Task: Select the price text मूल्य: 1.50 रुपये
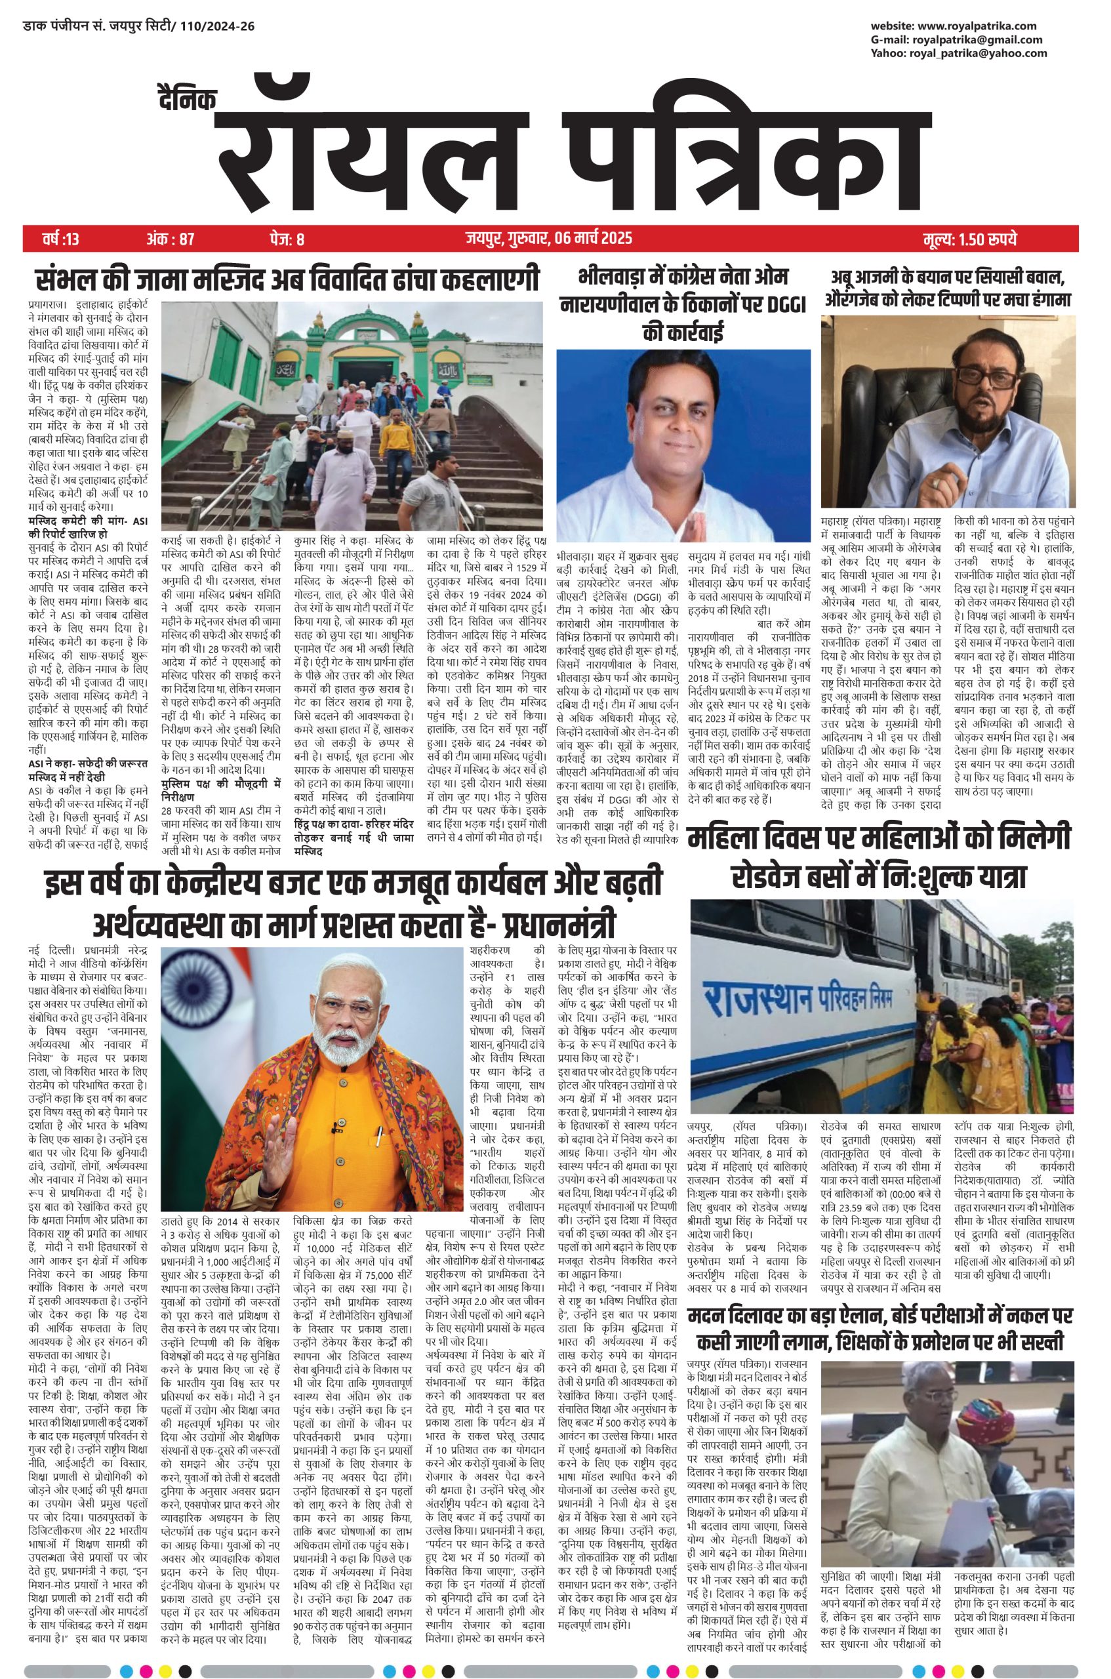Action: (969, 239)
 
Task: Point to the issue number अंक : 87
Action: (170, 239)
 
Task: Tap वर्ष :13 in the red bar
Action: (62, 239)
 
